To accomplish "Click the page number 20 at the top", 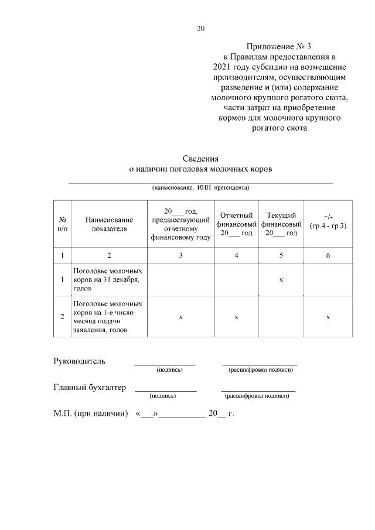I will [201, 28].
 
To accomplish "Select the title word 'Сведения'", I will [200, 158].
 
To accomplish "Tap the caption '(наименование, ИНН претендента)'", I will [200, 188].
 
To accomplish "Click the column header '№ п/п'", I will [62, 224].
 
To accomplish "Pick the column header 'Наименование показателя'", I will [109, 224].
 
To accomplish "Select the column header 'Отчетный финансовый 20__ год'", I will [236, 224].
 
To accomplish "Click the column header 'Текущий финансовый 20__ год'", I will [281, 224].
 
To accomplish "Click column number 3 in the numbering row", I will [180, 255].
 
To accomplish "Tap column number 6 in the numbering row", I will [328, 255].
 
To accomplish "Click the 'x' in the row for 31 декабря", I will [281, 280].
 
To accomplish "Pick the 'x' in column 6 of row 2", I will [328, 317].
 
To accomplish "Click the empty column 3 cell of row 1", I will [180, 280].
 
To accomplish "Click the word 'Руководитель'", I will [80, 361].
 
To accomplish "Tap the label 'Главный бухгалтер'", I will [90, 387].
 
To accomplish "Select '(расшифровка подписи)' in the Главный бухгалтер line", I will [258, 396].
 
